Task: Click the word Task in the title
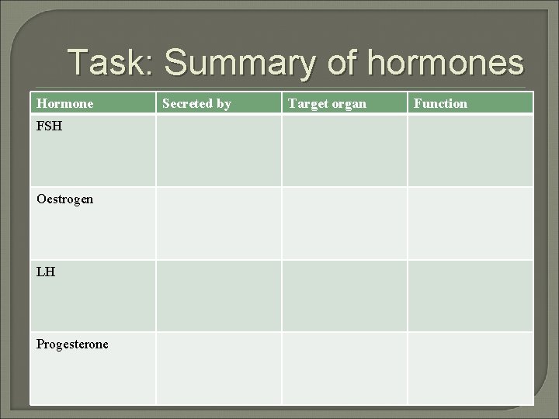point(108,62)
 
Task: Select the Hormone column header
point(64,103)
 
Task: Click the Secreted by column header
point(196,103)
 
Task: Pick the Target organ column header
point(327,103)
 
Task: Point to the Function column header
point(440,103)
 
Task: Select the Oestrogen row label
point(64,199)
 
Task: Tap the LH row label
point(45,272)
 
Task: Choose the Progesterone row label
point(72,344)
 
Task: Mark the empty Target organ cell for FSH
point(344,151)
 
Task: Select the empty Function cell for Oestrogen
point(470,223)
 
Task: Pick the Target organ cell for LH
point(344,296)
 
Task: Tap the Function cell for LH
point(470,296)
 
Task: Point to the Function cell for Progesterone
point(470,368)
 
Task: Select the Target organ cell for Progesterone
point(344,368)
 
